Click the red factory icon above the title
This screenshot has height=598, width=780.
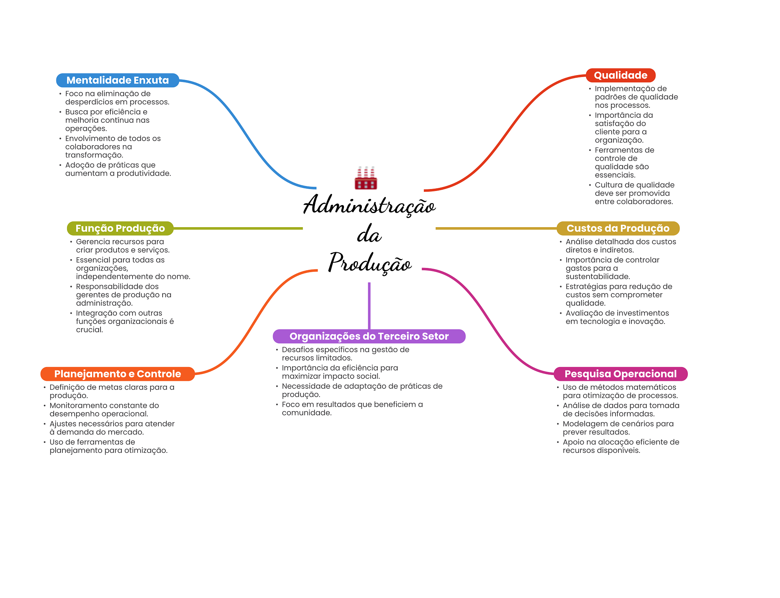point(366,178)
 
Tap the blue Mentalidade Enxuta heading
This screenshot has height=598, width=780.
point(117,80)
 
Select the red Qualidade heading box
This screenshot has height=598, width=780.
point(620,75)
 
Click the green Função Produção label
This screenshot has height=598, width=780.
point(120,228)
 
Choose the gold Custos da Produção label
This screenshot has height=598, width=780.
point(618,228)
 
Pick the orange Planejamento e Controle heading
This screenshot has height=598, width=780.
point(117,374)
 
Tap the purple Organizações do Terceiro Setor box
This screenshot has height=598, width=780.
point(369,336)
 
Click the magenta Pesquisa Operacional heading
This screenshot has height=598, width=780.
point(620,374)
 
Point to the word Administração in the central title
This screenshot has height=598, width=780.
point(369,205)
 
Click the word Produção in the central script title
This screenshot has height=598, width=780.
point(369,263)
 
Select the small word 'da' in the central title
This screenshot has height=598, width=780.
point(369,234)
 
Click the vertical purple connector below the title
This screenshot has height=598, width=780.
point(369,305)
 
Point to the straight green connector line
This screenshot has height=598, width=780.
point(238,228)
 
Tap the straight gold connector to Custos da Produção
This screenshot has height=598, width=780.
point(495,228)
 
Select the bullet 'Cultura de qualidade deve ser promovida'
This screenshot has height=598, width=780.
point(634,193)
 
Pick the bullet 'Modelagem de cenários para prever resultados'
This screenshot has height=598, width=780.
point(618,428)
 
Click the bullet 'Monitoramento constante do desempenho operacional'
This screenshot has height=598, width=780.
point(104,409)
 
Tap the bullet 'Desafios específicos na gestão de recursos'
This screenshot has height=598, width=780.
point(345,354)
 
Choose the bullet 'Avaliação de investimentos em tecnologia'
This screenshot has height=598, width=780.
point(617,317)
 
